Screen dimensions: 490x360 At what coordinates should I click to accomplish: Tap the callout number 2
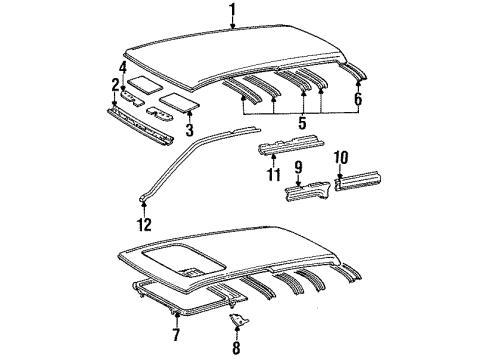116,86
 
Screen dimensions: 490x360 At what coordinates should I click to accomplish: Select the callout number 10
343,157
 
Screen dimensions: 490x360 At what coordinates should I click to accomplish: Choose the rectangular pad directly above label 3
179,99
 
